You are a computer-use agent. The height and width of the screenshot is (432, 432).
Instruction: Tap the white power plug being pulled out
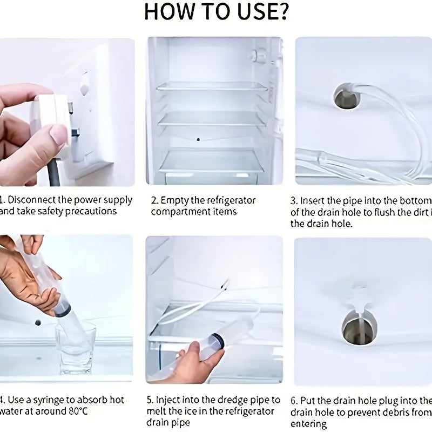point(51,116)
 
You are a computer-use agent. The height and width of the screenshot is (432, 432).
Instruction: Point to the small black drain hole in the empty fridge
point(199,139)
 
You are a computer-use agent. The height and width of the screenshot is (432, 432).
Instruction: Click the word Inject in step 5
point(168,400)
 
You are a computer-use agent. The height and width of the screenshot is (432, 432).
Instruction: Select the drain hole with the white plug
point(356,327)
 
